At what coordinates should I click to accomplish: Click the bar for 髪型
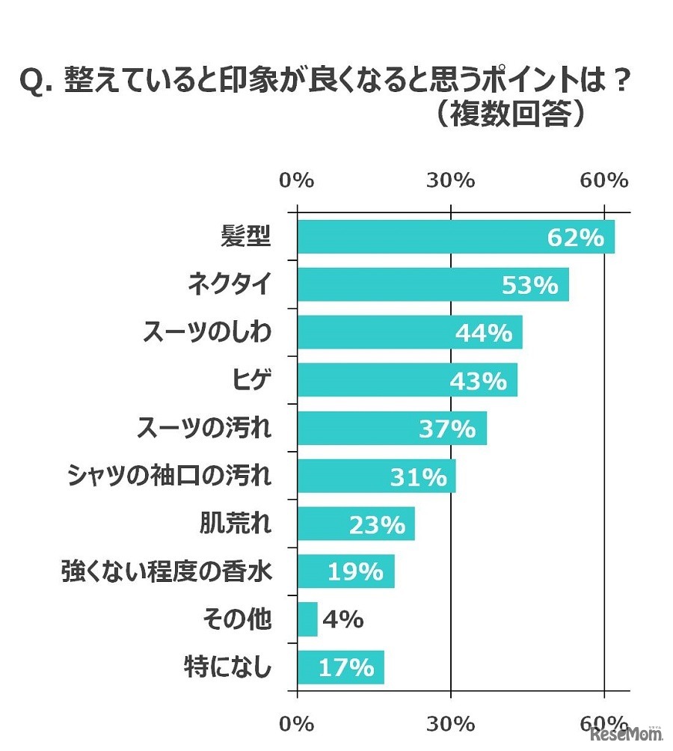[x=419, y=237]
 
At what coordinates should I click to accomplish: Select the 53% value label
[x=529, y=285]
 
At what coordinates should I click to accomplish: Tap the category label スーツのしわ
[x=207, y=333]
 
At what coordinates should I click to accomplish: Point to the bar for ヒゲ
[x=374, y=381]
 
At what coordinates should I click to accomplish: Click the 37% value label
[x=446, y=429]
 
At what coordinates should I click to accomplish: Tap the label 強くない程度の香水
[x=165, y=572]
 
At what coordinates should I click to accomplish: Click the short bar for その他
[x=307, y=620]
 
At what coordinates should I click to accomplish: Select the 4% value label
[x=342, y=620]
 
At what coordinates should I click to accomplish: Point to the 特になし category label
[x=227, y=667]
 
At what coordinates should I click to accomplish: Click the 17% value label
[x=346, y=667]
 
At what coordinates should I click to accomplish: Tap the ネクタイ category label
[x=229, y=285]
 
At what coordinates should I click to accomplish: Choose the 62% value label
[x=575, y=237]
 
